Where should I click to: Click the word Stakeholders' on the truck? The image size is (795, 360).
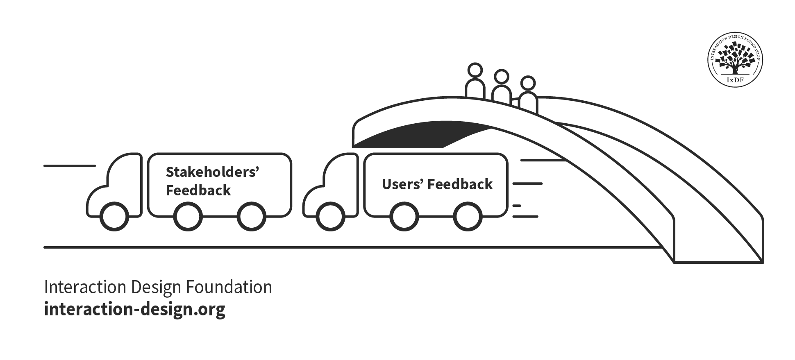pyautogui.click(x=212, y=172)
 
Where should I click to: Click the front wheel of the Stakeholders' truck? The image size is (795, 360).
pyautogui.click(x=114, y=217)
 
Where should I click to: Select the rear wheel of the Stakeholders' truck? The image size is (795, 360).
pyautogui.click(x=252, y=217)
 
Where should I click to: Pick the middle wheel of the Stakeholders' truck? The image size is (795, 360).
pyautogui.click(x=188, y=217)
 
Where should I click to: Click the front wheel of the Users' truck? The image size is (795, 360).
pyautogui.click(x=330, y=217)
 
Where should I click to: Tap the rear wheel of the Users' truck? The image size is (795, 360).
pyautogui.click(x=468, y=217)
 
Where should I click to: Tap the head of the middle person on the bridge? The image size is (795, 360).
pyautogui.click(x=501, y=77)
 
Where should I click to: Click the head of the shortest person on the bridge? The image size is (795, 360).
pyautogui.click(x=528, y=83)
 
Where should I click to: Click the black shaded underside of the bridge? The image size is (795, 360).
pyautogui.click(x=422, y=135)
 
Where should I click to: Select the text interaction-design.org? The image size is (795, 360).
pyautogui.click(x=134, y=309)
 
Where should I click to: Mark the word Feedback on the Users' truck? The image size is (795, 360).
pyautogui.click(x=460, y=184)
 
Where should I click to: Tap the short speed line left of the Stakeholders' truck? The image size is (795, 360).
pyautogui.click(x=69, y=166)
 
